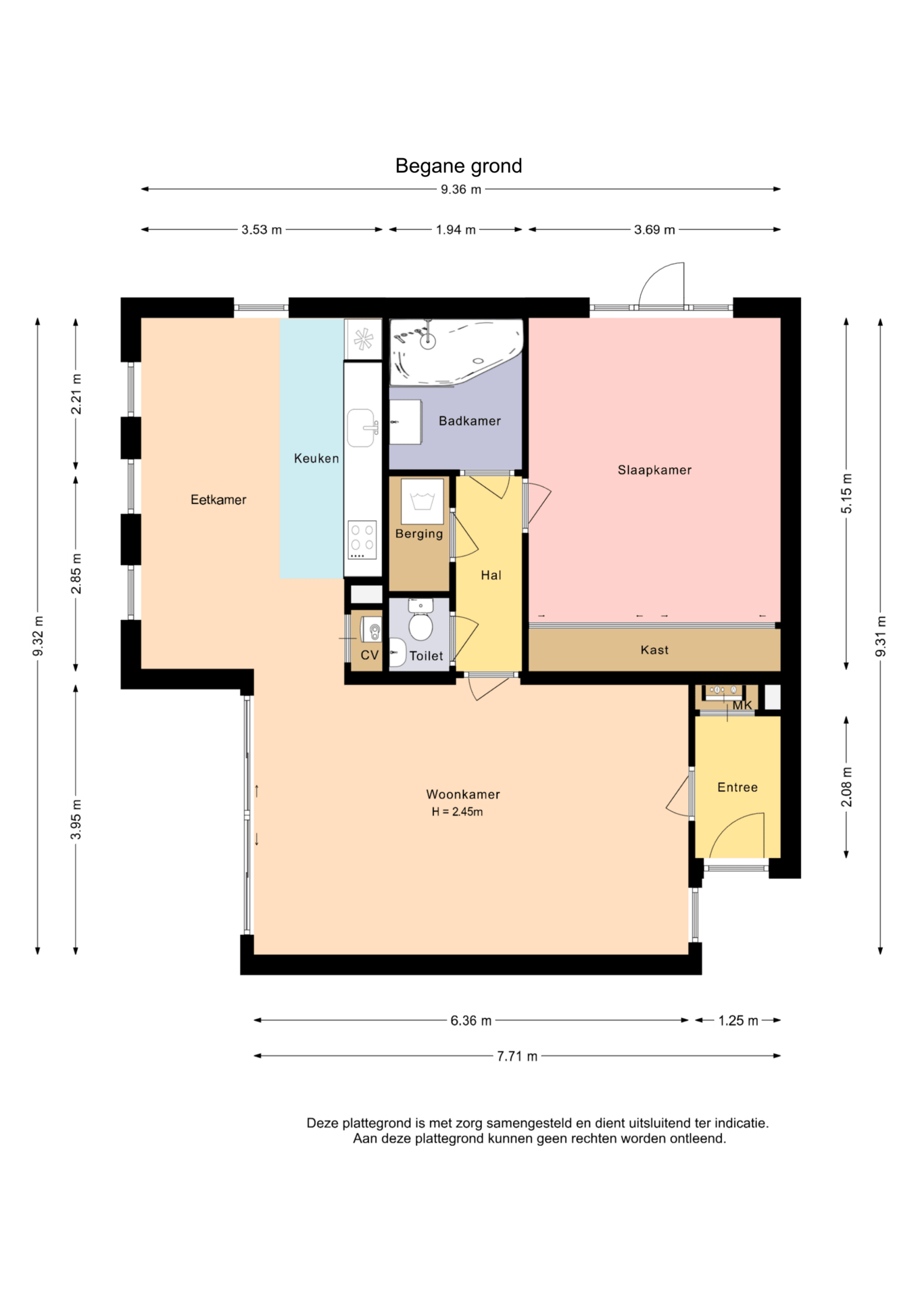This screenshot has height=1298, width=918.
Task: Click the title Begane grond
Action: coord(458,166)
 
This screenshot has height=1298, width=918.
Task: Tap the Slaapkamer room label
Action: coord(654,470)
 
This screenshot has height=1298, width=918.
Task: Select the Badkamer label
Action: coord(470,420)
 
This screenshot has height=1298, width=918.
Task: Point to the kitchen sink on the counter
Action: coord(362,427)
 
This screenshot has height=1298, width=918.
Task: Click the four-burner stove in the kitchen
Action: coord(362,539)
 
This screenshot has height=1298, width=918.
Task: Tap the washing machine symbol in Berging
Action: coord(422,501)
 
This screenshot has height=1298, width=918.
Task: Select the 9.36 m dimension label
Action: coord(461,189)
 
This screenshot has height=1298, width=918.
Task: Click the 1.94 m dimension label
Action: coord(456,230)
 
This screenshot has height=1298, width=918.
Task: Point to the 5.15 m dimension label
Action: coord(846,494)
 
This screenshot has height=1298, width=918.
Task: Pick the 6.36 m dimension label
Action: coord(471,1020)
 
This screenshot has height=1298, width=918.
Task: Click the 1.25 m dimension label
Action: coord(738,1020)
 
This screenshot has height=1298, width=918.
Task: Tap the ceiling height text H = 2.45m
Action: coord(458,812)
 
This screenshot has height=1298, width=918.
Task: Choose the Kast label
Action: coord(654,650)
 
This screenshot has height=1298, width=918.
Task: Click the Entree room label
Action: coord(738,787)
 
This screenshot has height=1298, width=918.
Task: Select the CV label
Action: coord(369,655)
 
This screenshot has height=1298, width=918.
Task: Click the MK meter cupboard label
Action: coord(742,705)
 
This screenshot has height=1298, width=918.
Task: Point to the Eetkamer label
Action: coord(218,500)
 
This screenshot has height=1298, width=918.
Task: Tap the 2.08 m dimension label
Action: coord(846,787)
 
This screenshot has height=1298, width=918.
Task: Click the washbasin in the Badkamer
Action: coord(406,422)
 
